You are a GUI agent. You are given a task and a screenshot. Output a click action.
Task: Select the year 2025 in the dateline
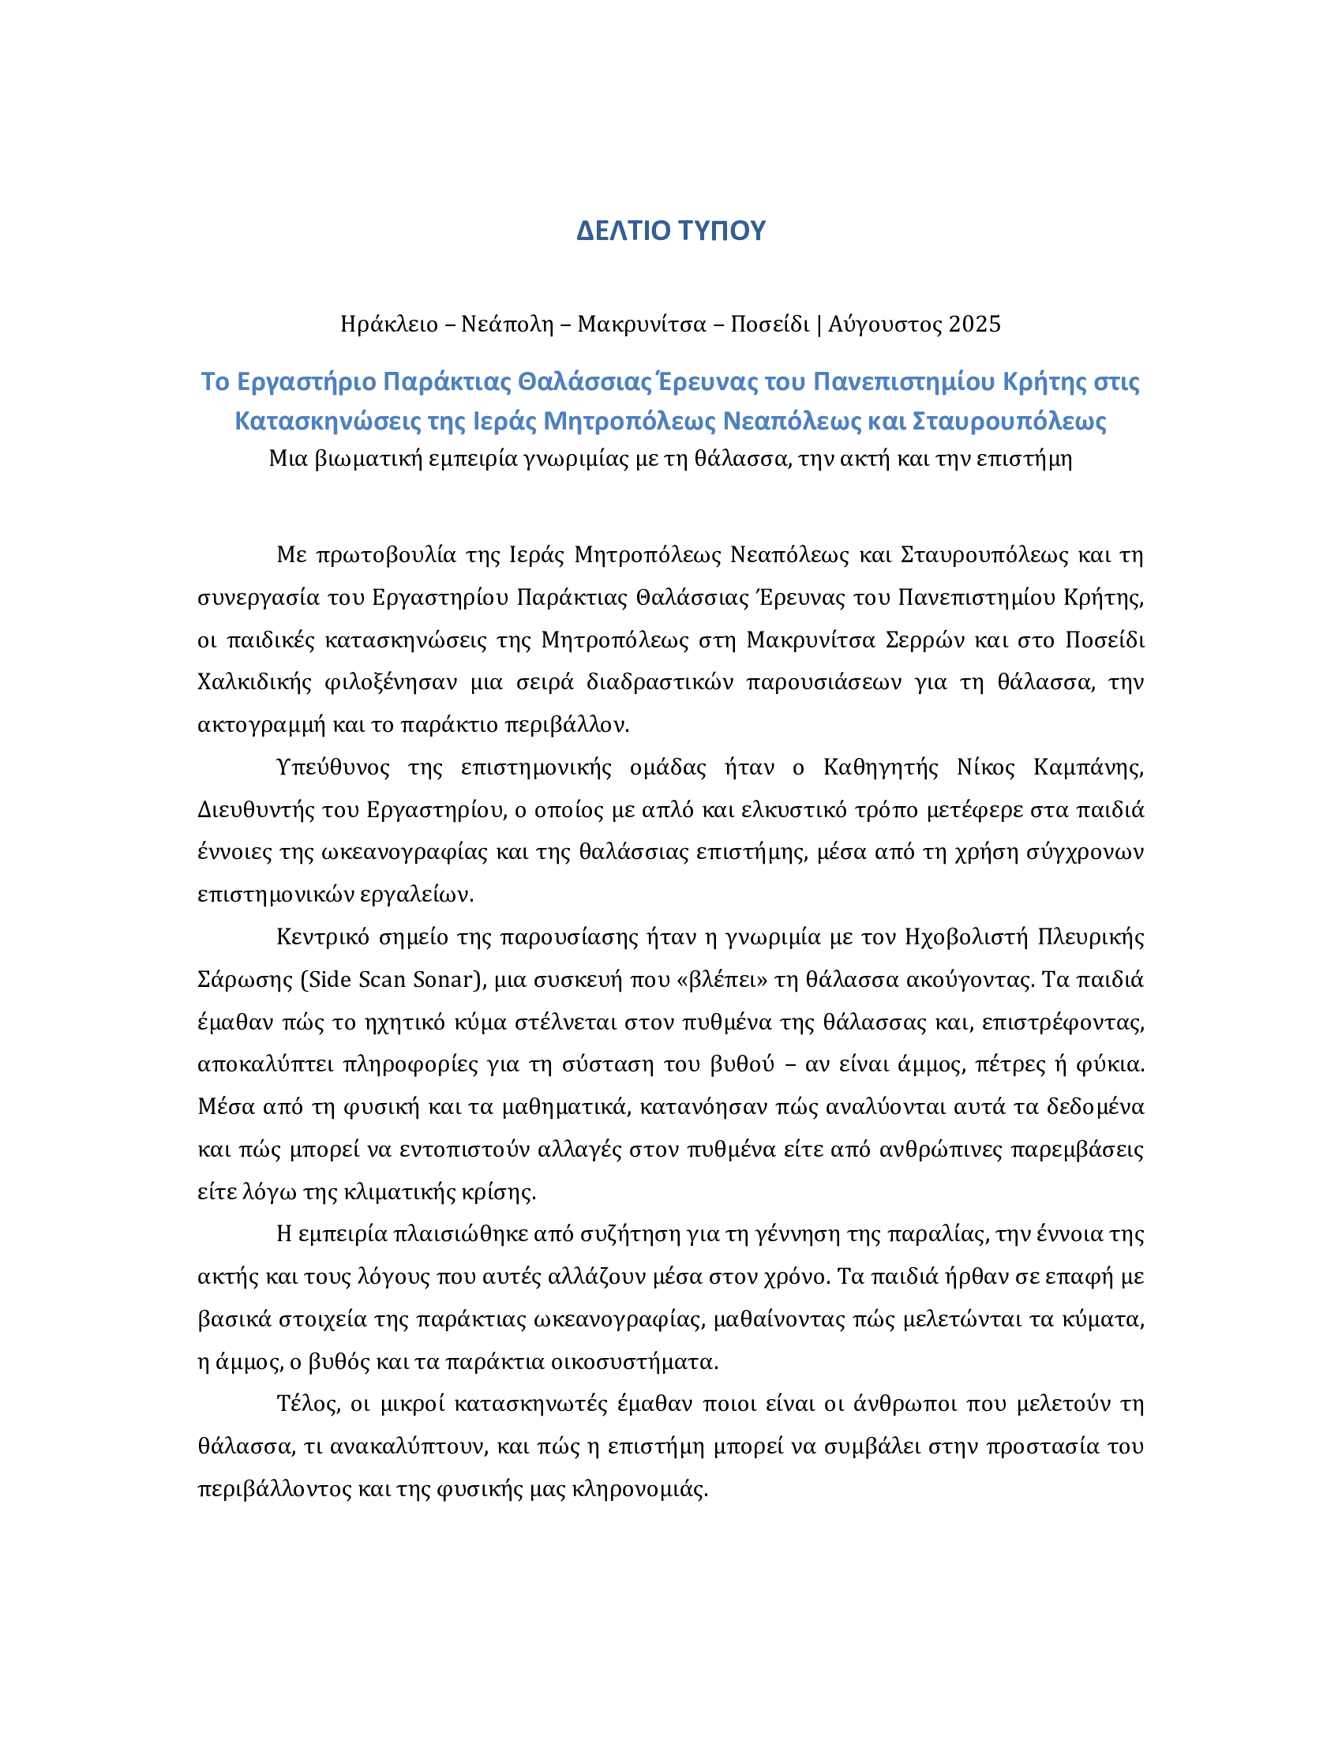point(974,325)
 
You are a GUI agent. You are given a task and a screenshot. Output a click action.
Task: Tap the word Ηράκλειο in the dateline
point(388,325)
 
